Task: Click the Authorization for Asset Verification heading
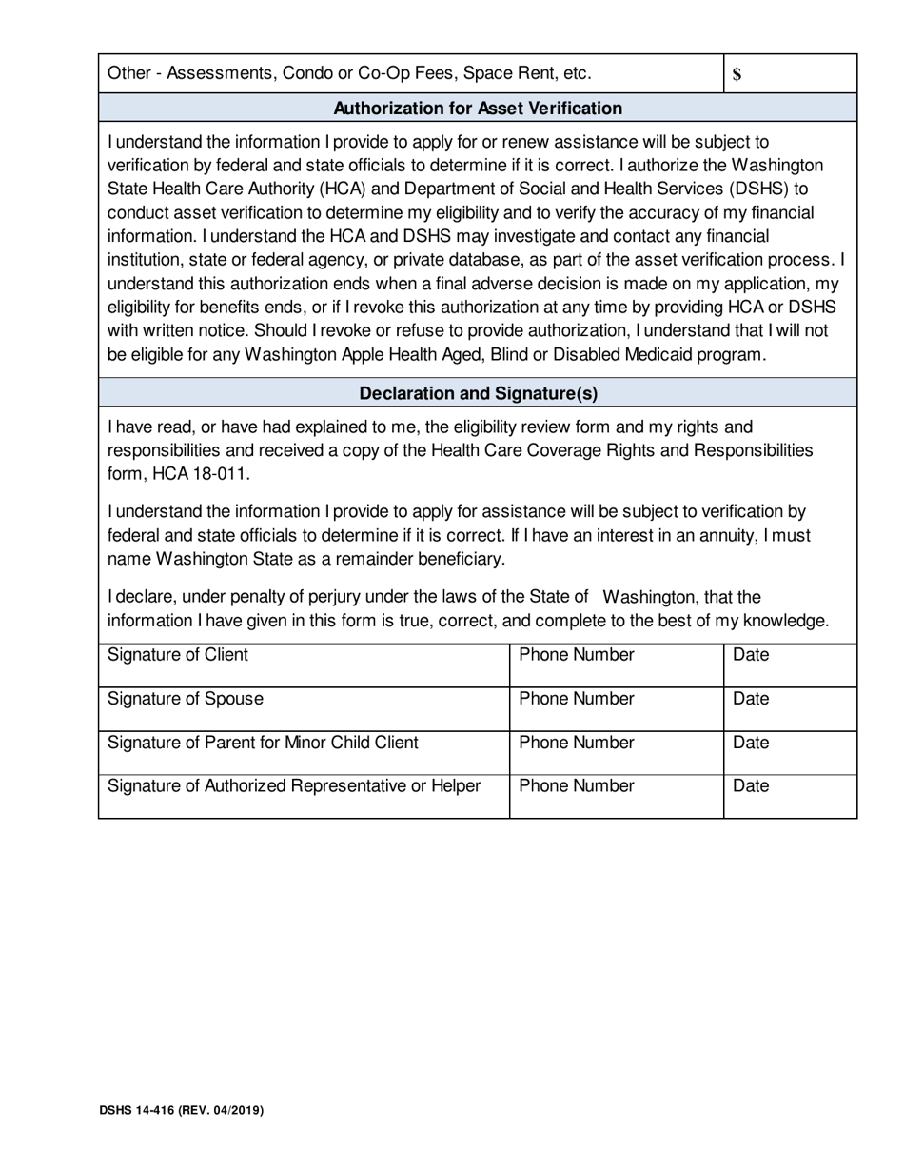[478, 109]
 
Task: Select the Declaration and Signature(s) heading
[478, 393]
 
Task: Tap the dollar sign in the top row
[737, 75]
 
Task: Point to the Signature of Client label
[178, 655]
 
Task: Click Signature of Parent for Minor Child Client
[263, 743]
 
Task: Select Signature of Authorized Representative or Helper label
[294, 786]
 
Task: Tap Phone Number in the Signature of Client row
[577, 655]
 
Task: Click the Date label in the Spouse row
[751, 699]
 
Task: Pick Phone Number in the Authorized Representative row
[577, 786]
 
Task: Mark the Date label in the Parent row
[751, 743]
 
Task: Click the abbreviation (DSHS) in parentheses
[757, 189]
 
